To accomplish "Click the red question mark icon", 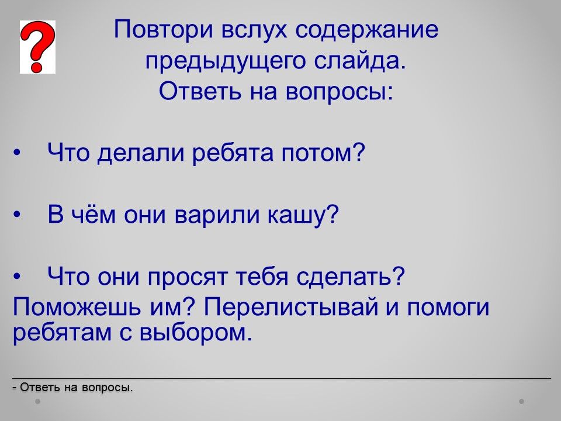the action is [37, 47].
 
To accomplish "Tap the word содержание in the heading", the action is [367, 30].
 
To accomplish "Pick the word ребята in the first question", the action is [233, 153].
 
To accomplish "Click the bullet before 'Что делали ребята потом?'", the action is [17, 153].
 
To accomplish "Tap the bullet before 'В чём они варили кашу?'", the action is [17, 215].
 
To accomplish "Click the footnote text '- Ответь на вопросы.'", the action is [72, 387].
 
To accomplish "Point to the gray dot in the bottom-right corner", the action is [522, 401].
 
